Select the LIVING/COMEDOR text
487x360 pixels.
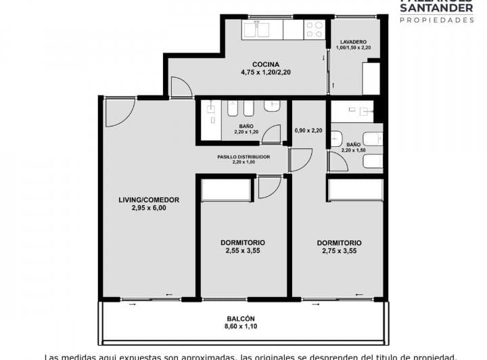tap(148, 200)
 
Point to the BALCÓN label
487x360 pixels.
tap(241, 319)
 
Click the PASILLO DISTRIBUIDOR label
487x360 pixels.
tap(243, 156)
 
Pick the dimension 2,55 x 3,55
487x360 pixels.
tap(242, 250)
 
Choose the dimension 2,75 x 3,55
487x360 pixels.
tap(339, 250)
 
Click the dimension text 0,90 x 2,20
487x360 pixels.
tap(308, 131)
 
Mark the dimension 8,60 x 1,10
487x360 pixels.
tap(241, 328)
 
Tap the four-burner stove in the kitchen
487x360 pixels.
tap(315, 28)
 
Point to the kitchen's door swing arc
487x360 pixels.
tap(180, 87)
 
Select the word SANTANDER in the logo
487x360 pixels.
tap(437, 9)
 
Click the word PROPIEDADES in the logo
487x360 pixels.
tap(437, 20)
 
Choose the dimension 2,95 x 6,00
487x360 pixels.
tap(148, 208)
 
